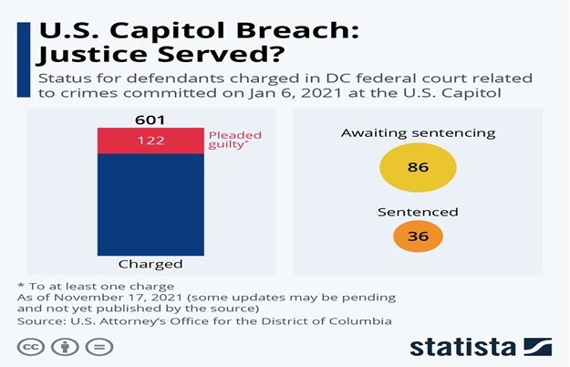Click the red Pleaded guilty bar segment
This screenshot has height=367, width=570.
[150, 141]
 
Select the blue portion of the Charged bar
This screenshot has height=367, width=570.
[150, 204]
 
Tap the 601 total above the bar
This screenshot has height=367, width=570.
[150, 120]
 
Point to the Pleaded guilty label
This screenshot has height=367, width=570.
[234, 140]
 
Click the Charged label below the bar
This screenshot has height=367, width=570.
[150, 264]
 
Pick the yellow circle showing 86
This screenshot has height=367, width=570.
[418, 167]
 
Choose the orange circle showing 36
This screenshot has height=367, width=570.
[418, 236]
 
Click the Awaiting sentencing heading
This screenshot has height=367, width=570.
[418, 133]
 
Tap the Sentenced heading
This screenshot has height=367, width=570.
[418, 212]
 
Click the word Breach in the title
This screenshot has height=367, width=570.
[297, 30]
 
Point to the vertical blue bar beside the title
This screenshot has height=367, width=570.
[24, 59]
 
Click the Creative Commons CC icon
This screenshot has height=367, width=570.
[31, 347]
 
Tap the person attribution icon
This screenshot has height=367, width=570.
[65, 347]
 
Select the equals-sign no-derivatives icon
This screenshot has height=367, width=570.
[99, 347]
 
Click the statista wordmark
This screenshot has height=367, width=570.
[463, 347]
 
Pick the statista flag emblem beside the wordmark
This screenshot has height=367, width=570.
[538, 347]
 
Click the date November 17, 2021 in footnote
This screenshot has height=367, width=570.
[119, 298]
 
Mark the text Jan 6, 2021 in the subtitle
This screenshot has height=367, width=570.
[295, 93]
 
